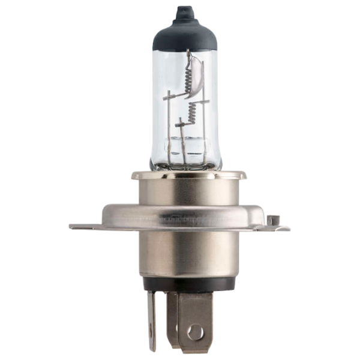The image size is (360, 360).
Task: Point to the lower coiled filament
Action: pos(191,113)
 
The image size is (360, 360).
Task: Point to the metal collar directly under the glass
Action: pos(180,186)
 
